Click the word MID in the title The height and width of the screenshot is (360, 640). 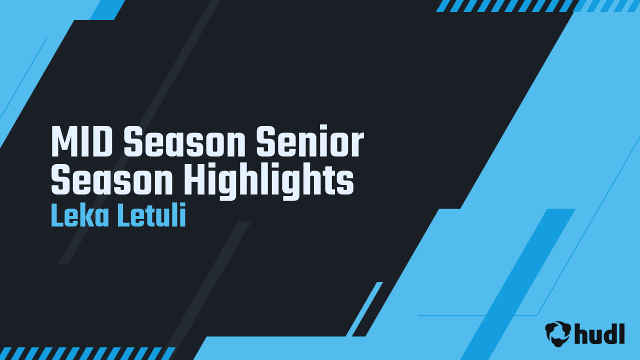[82, 142]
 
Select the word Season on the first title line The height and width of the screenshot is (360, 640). [185, 142]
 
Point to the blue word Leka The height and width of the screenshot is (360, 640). [80, 217]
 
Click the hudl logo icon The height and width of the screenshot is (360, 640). [558, 333]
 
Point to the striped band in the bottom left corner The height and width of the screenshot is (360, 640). [85, 353]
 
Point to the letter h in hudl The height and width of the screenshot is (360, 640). [581, 333]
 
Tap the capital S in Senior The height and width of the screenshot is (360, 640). [265, 142]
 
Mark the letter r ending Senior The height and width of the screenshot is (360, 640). [357, 145]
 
